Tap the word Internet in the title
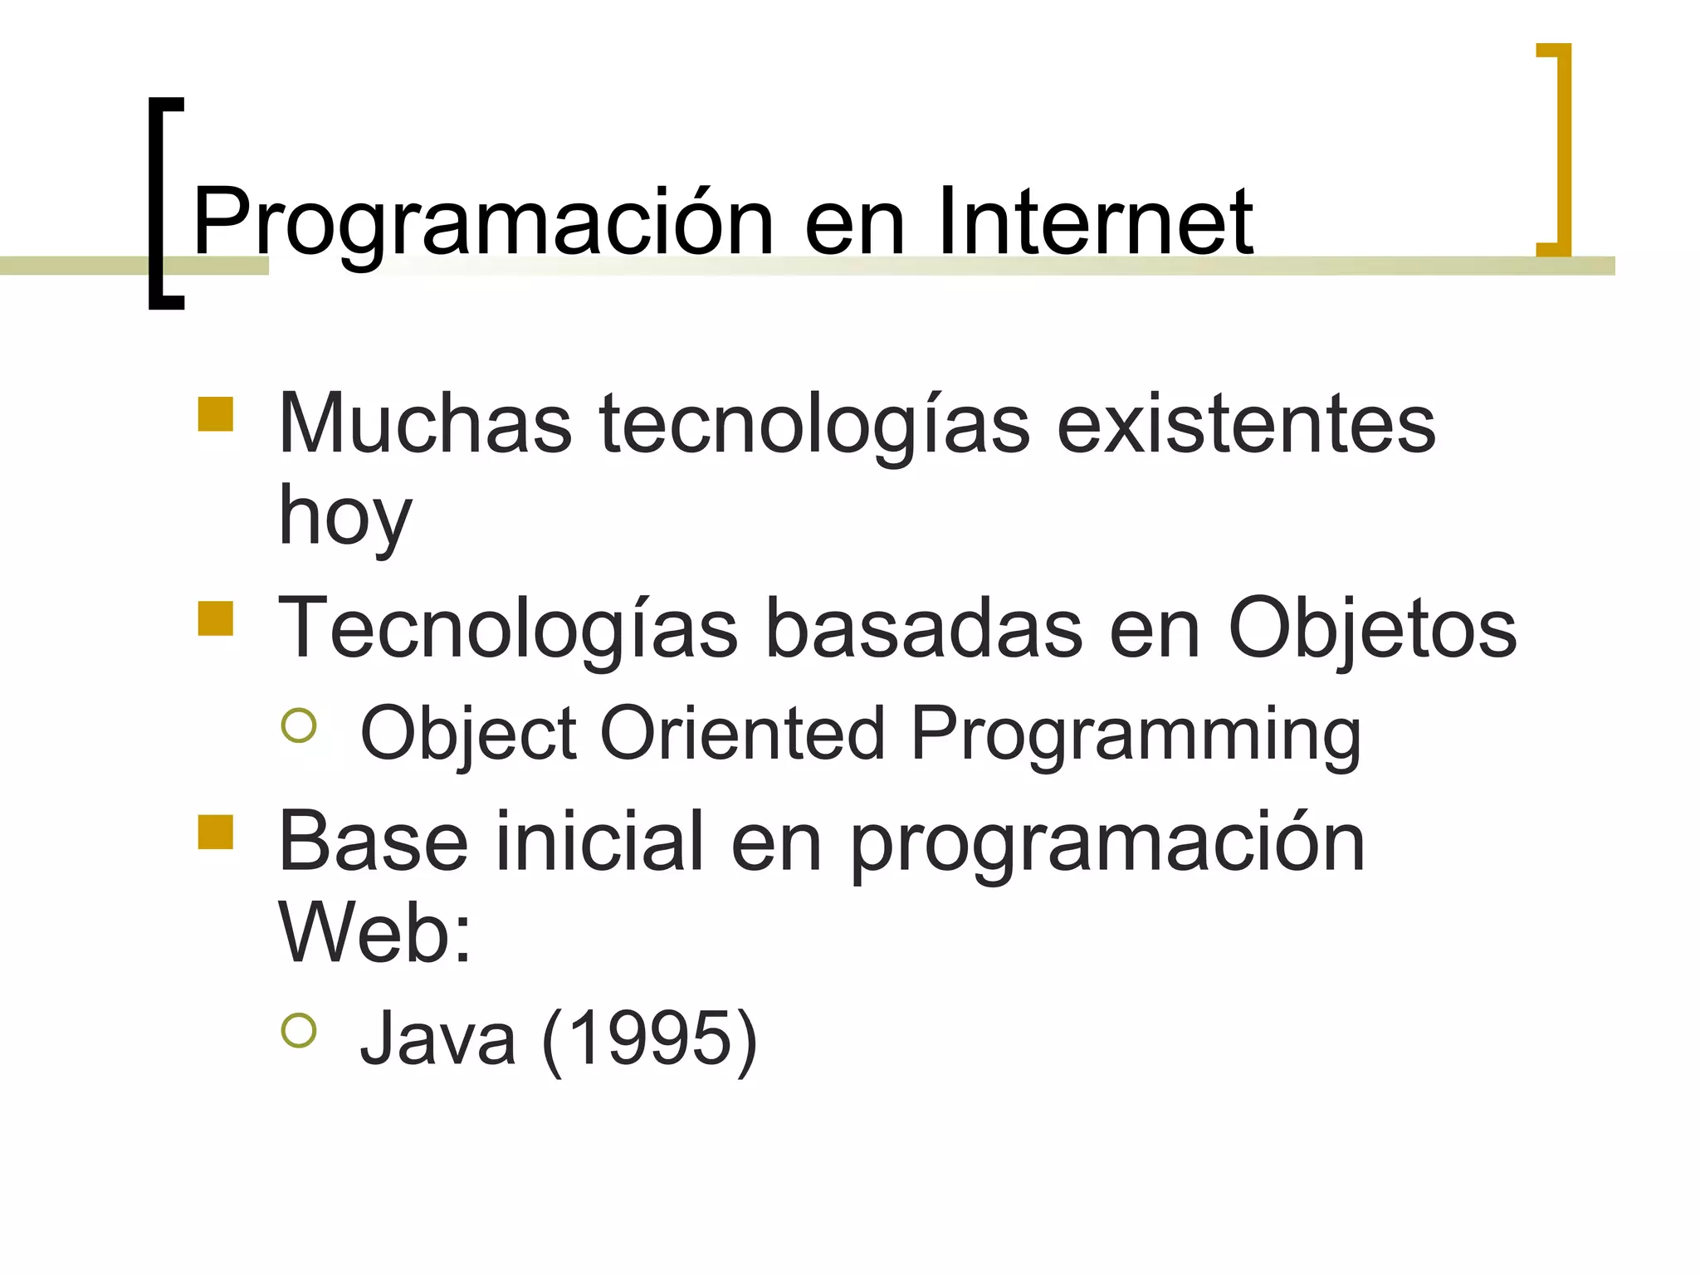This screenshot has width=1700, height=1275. [1095, 221]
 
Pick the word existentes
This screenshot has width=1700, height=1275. [1246, 424]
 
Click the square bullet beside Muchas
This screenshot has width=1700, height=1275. [216, 414]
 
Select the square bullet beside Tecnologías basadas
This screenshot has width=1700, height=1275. [216, 618]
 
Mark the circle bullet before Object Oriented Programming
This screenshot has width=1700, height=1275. [299, 725]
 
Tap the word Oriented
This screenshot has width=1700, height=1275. [743, 733]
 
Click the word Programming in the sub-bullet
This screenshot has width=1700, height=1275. [1136, 735]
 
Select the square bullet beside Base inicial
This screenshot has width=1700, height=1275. [216, 833]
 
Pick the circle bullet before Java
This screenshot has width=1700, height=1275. [299, 1030]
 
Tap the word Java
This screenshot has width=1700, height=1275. [437, 1038]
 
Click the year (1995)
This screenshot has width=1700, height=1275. [650, 1038]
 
